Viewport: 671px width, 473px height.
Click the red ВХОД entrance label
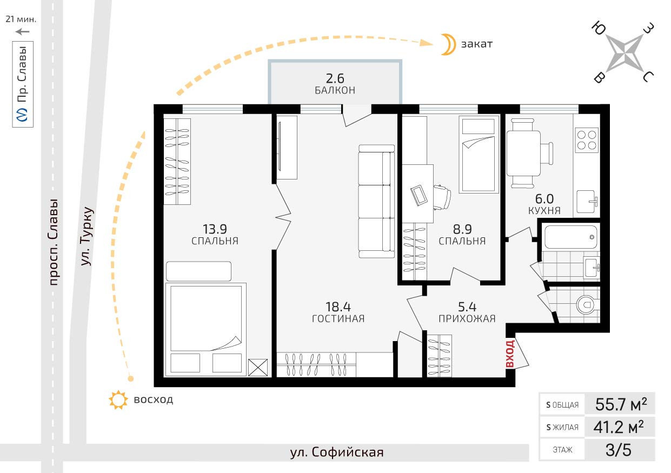tap(510, 353)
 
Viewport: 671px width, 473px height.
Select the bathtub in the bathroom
tap(570, 237)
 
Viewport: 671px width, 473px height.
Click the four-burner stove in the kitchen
tap(587, 140)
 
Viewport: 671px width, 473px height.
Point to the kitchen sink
tap(587, 201)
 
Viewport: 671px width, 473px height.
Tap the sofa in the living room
tap(376, 201)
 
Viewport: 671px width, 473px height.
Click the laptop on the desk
tap(419, 195)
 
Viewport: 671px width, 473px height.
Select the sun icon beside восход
tap(118, 399)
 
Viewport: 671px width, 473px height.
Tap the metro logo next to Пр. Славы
tap(23, 115)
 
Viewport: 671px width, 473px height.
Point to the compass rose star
tap(625, 54)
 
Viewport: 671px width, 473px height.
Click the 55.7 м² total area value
tap(621, 404)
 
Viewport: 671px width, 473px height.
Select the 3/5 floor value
tap(618, 450)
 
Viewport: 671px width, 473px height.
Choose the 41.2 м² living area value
tap(618, 427)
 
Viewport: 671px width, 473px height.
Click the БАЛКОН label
tap(335, 90)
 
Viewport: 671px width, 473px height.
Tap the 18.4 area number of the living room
tap(338, 307)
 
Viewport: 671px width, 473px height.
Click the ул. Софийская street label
tap(337, 452)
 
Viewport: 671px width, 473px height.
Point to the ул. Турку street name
tap(87, 236)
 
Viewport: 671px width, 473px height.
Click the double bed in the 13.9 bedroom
tap(206, 329)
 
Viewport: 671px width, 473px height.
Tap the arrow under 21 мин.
tap(23, 31)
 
